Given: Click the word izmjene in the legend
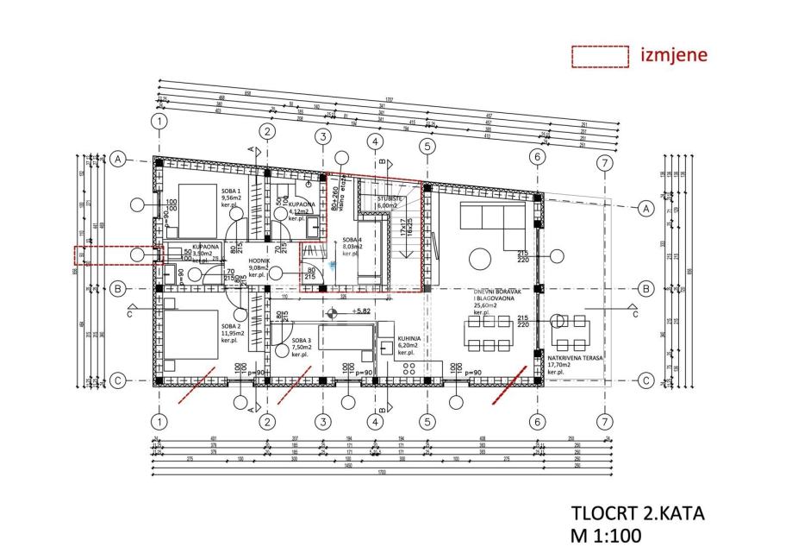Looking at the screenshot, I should [x=674, y=55].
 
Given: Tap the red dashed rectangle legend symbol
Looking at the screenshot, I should [x=600, y=55].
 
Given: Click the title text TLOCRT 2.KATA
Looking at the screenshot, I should [x=638, y=513].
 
